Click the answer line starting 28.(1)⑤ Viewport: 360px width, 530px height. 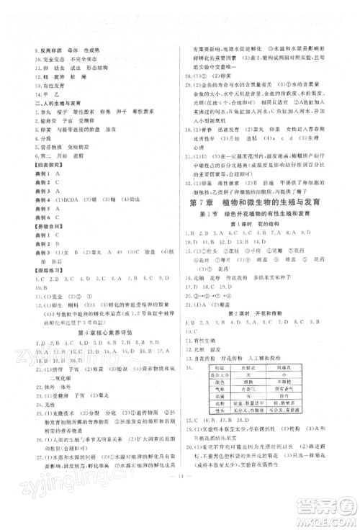click(209, 75)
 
